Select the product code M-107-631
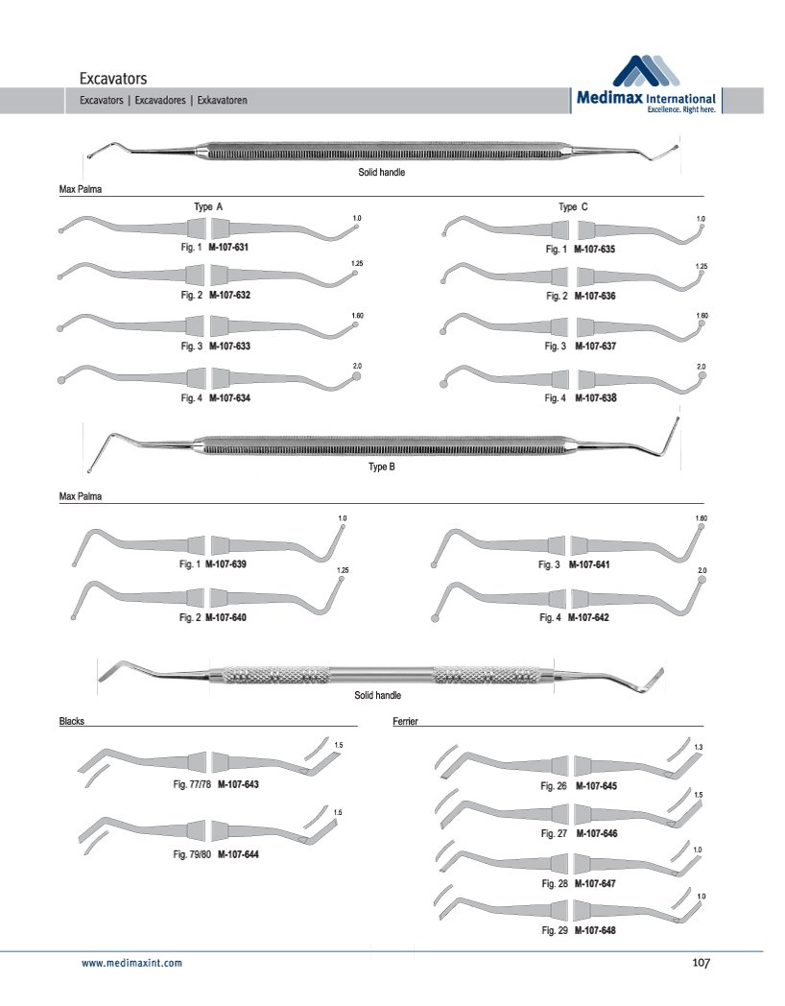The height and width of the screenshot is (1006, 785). pos(229,247)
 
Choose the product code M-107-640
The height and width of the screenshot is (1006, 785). pos(226,617)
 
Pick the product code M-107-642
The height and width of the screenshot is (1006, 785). pos(588,617)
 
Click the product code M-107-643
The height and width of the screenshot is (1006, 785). pos(238,784)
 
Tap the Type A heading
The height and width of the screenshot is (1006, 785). pos(208,206)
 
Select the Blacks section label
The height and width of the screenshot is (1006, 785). pos(72,720)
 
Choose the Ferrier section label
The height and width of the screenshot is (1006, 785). pos(405,720)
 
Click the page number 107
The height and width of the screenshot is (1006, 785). pos(700,963)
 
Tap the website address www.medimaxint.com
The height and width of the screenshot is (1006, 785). pos(131,962)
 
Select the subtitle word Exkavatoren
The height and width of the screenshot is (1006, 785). pos(223,100)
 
